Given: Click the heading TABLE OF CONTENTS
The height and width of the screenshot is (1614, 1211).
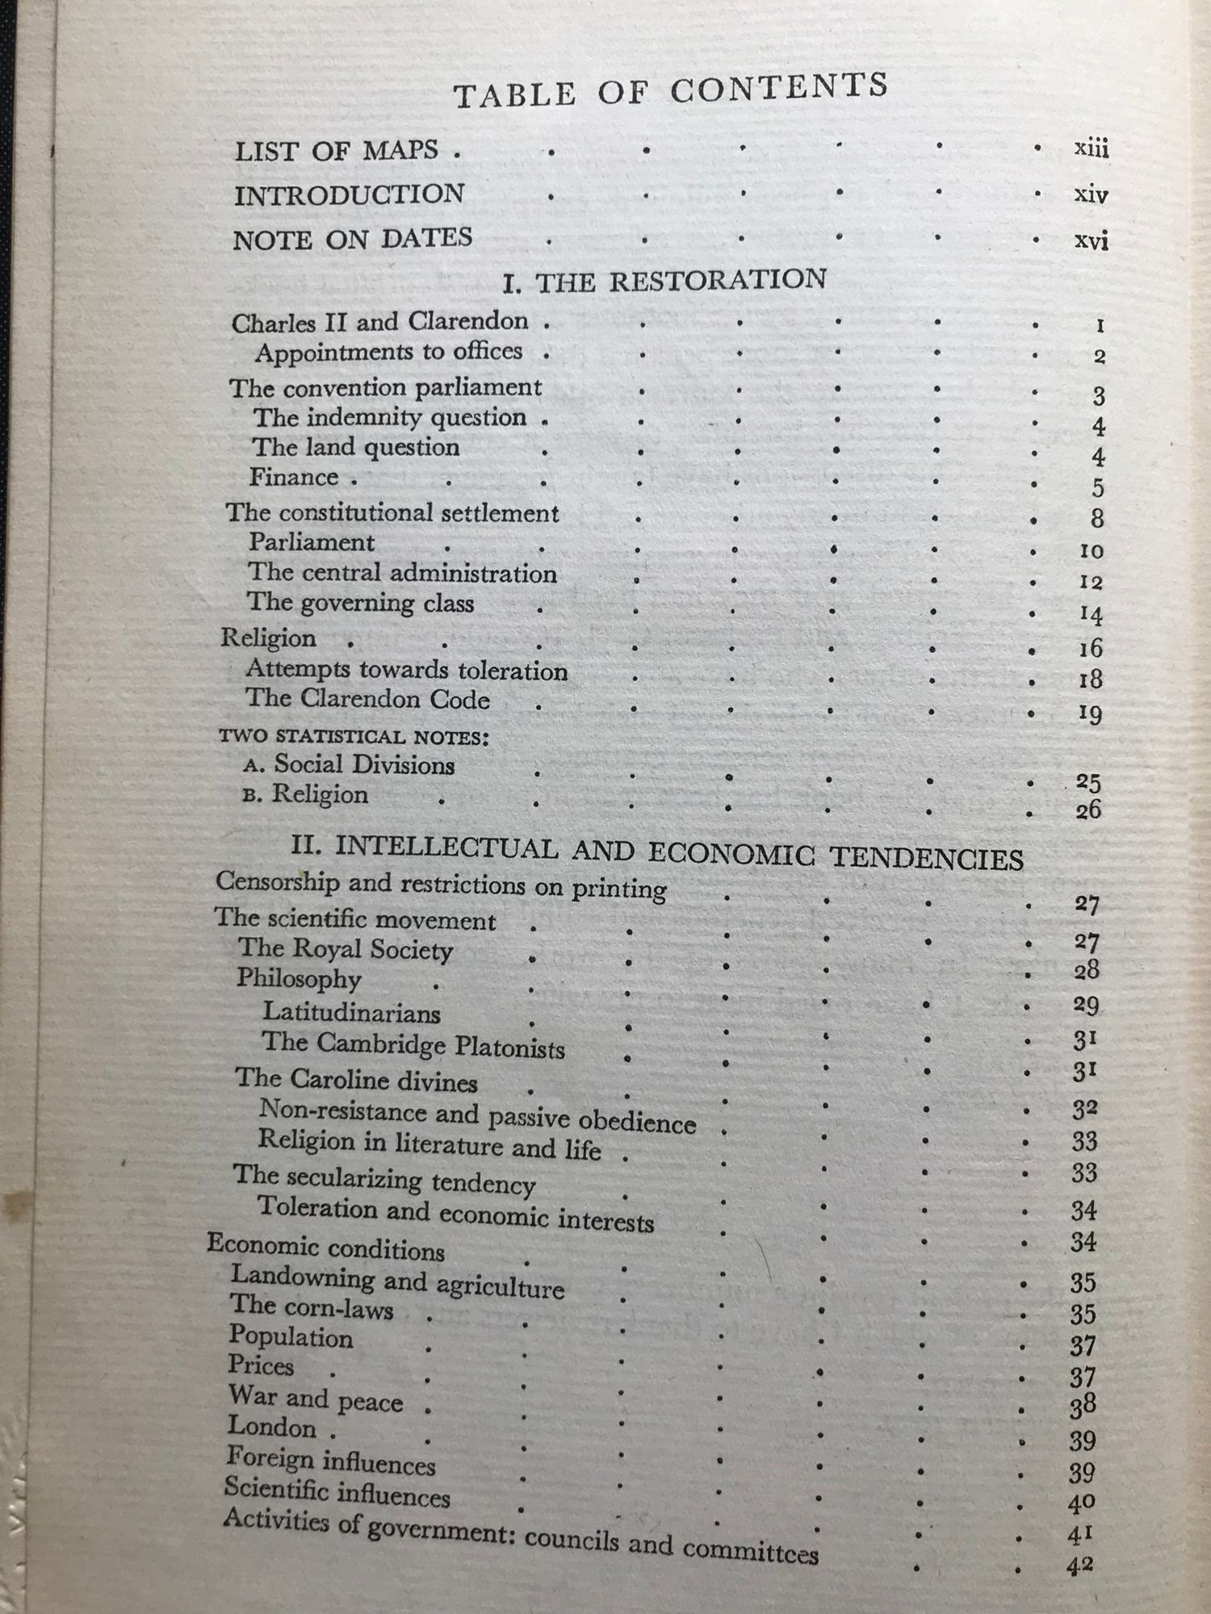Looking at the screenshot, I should click(x=670, y=90).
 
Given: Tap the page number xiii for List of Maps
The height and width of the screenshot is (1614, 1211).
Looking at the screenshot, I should click(x=1092, y=149).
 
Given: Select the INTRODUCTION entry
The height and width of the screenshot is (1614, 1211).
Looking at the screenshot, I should click(x=349, y=194).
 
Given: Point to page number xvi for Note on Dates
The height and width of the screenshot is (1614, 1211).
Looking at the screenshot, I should click(x=1092, y=240).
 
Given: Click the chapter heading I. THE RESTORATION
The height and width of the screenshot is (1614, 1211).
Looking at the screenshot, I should click(x=664, y=281).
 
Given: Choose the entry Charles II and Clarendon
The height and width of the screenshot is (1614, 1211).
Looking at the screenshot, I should click(x=379, y=322).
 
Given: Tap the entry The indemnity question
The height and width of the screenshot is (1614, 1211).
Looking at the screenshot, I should click(x=390, y=417).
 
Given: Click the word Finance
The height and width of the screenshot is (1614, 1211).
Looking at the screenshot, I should click(x=293, y=477).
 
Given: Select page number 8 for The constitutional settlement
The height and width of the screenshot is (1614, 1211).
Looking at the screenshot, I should click(x=1097, y=518).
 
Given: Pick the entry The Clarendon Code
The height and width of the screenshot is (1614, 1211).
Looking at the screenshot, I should click(x=367, y=699).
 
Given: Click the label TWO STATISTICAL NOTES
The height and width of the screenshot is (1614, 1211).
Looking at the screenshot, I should click(x=354, y=737).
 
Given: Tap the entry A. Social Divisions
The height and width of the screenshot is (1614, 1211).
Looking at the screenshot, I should click(x=349, y=764).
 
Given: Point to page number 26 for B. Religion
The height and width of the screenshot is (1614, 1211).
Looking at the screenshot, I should click(x=1087, y=809).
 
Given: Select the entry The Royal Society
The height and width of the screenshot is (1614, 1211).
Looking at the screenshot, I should click(x=345, y=949).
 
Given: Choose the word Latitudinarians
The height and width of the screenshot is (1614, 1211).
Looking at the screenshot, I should click(x=351, y=1012).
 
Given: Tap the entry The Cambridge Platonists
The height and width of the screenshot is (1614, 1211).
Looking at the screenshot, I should click(x=413, y=1044).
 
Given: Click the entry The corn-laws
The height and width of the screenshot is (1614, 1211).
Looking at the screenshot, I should click(x=311, y=1307).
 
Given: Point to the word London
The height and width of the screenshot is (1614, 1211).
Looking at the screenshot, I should click(x=271, y=1426).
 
